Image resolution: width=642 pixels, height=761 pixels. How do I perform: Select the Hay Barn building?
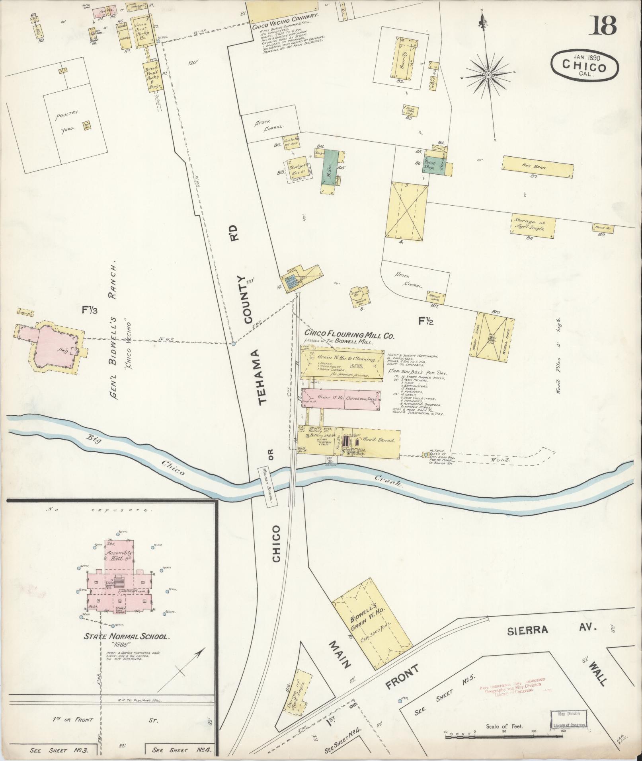click(x=538, y=167)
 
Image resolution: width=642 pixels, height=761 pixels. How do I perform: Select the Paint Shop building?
click(x=429, y=166)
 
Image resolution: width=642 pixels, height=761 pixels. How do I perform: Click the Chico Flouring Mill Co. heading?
click(x=349, y=335)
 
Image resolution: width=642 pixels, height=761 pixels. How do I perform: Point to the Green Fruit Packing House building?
click(x=142, y=33)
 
